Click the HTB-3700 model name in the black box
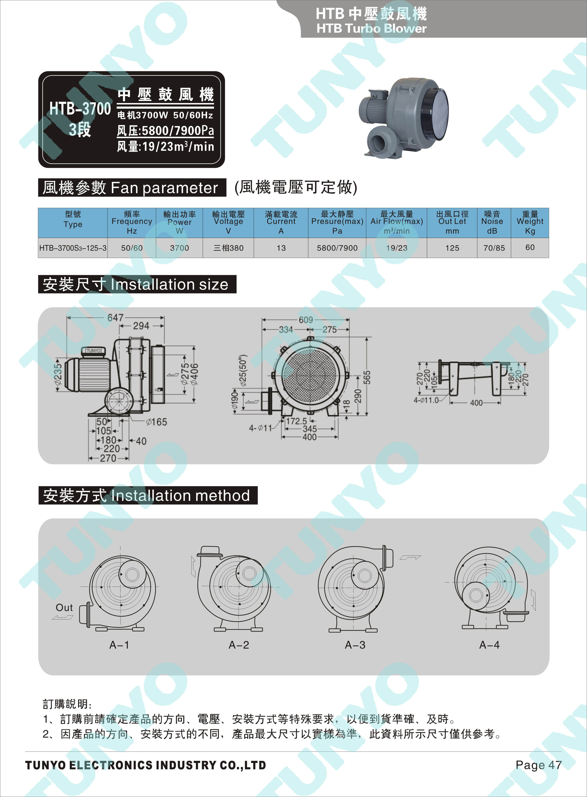coord(80,108)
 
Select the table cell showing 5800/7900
coord(337,248)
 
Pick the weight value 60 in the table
coord(530,247)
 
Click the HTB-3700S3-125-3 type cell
coord(73,248)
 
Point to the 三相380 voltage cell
coord(229,248)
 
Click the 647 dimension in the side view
coord(115,317)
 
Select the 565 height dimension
coord(367,378)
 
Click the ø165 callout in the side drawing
coord(156,422)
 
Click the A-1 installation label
coord(119,645)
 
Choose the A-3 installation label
coord(355,645)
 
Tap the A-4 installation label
coord(489,645)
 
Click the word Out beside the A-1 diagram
coord(64,608)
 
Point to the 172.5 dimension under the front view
coord(297,421)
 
